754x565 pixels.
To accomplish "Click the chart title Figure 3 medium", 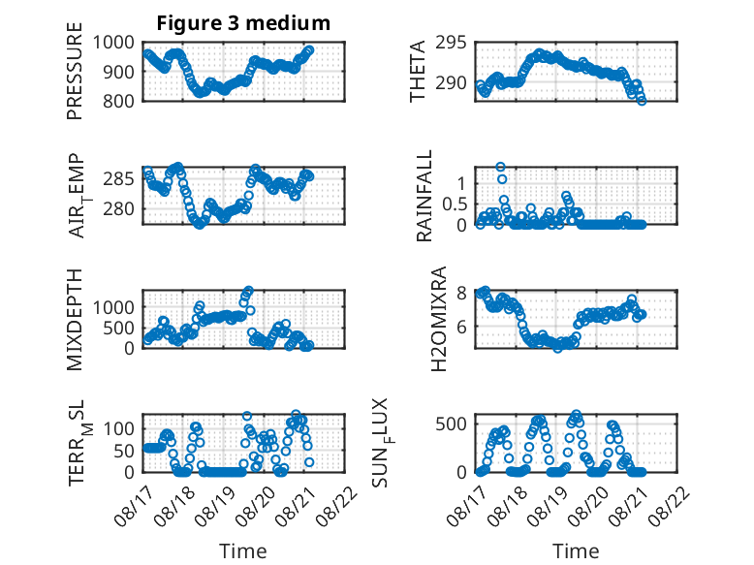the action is [243, 23].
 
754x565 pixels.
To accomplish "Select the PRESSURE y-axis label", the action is [75, 71].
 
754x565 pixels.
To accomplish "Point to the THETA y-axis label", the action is [418, 71].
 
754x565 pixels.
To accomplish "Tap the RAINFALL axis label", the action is [424, 196].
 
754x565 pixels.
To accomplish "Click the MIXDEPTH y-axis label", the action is [75, 320].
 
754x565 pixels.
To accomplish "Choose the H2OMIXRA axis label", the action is [439, 319].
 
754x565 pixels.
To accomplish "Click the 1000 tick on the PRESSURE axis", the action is [113, 43].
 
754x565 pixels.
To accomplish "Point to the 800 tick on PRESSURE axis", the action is [118, 101].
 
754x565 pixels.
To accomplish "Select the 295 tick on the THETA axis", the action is [451, 43].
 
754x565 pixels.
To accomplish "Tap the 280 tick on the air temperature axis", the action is [118, 208].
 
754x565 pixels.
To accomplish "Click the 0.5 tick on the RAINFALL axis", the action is [455, 204].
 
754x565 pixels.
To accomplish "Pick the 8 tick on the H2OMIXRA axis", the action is [461, 293].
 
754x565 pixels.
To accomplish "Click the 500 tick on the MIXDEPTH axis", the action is [118, 328].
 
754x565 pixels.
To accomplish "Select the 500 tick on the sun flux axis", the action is [451, 424].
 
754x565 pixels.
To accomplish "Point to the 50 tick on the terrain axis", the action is [124, 451].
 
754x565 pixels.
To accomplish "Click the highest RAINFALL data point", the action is [501, 167].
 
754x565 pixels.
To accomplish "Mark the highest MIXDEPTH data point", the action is [249, 291].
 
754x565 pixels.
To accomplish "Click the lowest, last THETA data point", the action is [642, 101].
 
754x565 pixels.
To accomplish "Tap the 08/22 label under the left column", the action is [337, 505].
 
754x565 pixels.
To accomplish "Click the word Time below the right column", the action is [576, 551].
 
